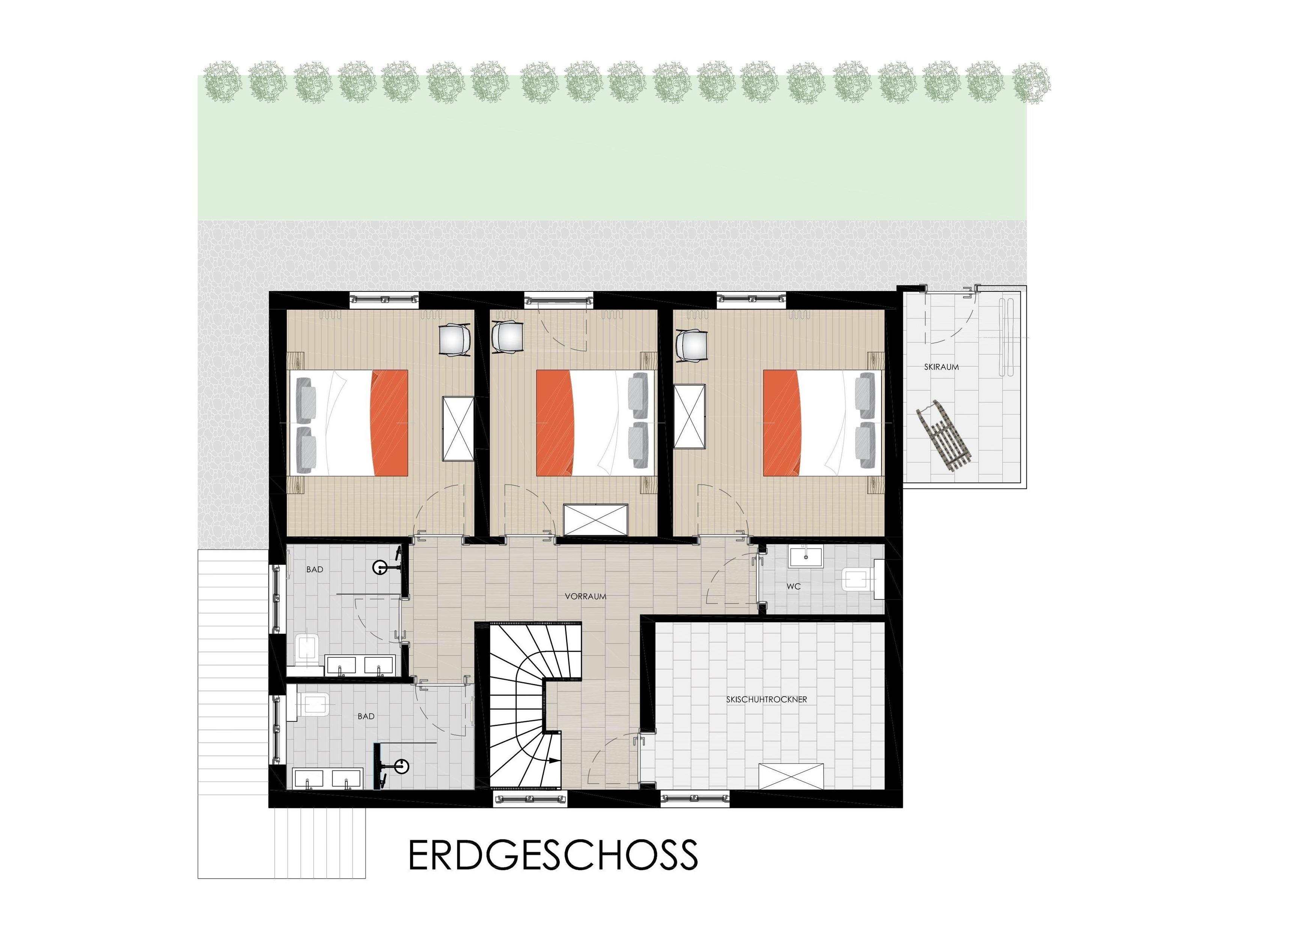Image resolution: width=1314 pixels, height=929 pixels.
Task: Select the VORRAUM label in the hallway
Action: click(585, 596)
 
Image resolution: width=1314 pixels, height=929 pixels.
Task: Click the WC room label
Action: click(793, 586)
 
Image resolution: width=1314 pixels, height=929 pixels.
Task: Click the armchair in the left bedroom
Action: click(455, 340)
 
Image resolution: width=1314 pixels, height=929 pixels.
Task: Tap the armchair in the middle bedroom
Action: click(507, 338)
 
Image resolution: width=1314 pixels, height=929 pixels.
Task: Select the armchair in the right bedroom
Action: click(691, 345)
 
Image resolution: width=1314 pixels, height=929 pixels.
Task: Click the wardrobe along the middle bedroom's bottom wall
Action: click(596, 520)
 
